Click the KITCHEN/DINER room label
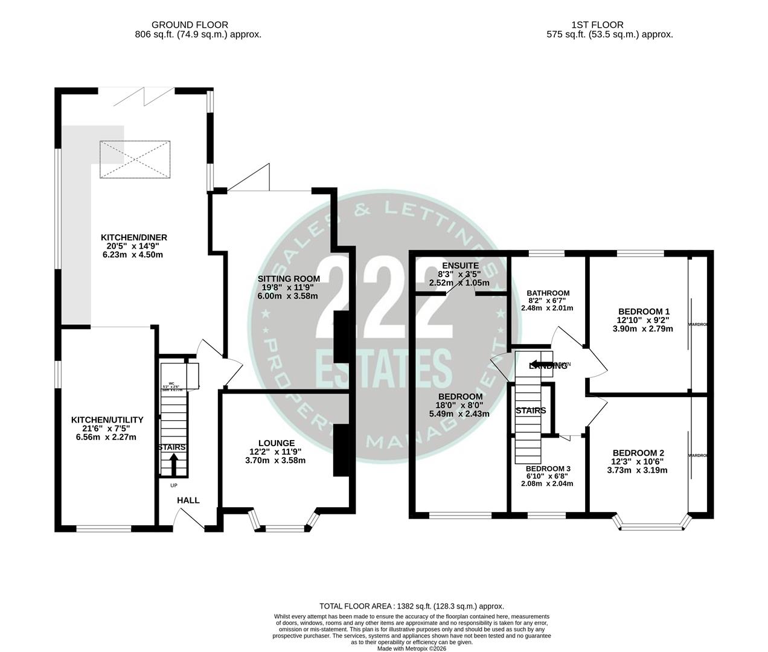click(x=133, y=237)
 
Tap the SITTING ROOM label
click(x=289, y=278)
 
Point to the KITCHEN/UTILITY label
click(x=107, y=420)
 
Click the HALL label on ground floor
click(x=188, y=500)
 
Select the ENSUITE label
click(x=460, y=265)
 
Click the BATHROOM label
click(x=547, y=293)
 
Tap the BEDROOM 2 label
click(x=638, y=453)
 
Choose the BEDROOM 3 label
click(x=548, y=468)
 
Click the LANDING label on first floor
click(x=548, y=365)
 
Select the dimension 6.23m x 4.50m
click(x=133, y=255)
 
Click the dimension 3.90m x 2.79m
click(x=642, y=328)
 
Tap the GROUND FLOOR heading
click(x=190, y=25)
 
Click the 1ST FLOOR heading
click(x=597, y=25)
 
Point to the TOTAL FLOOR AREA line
click(x=411, y=606)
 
